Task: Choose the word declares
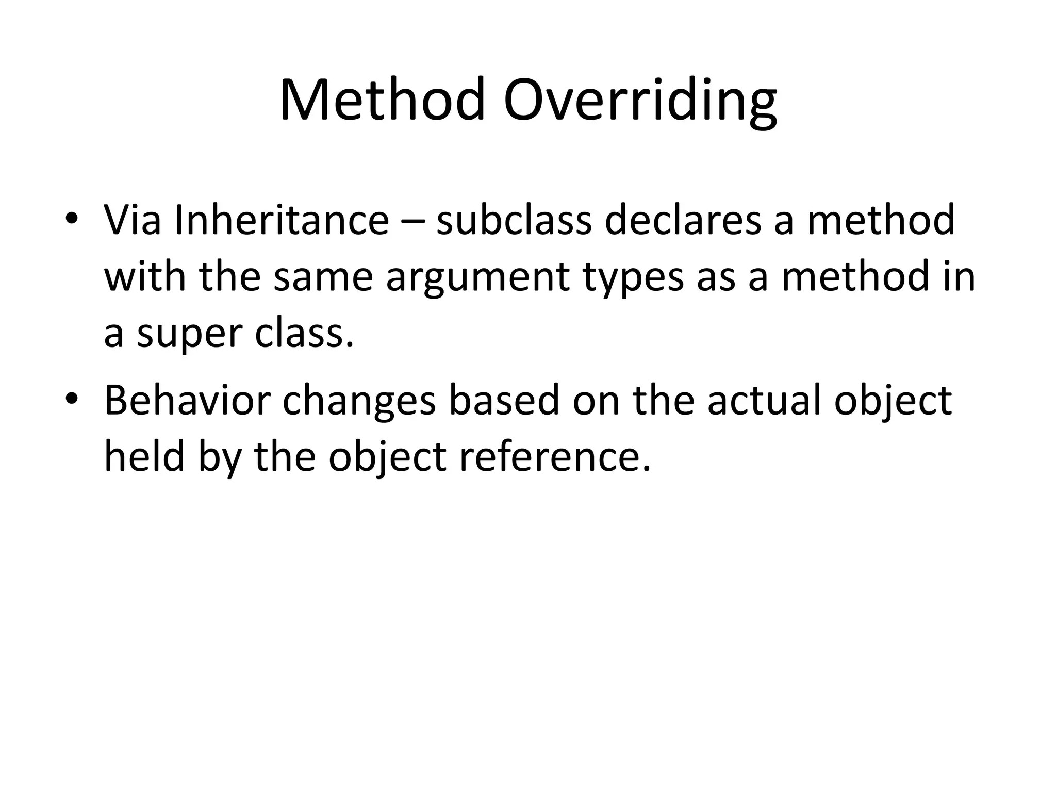[683, 221]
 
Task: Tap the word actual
[764, 400]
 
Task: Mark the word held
[144, 457]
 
